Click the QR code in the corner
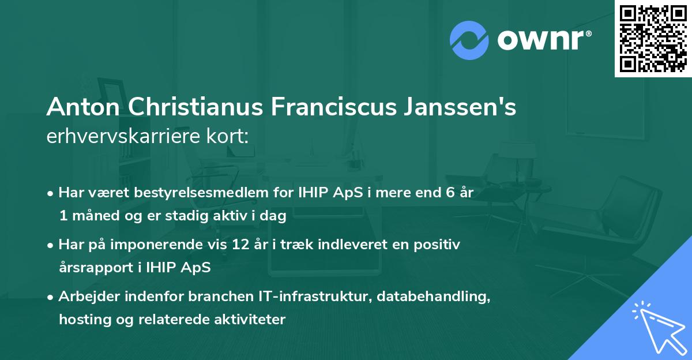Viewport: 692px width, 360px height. [653, 39]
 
